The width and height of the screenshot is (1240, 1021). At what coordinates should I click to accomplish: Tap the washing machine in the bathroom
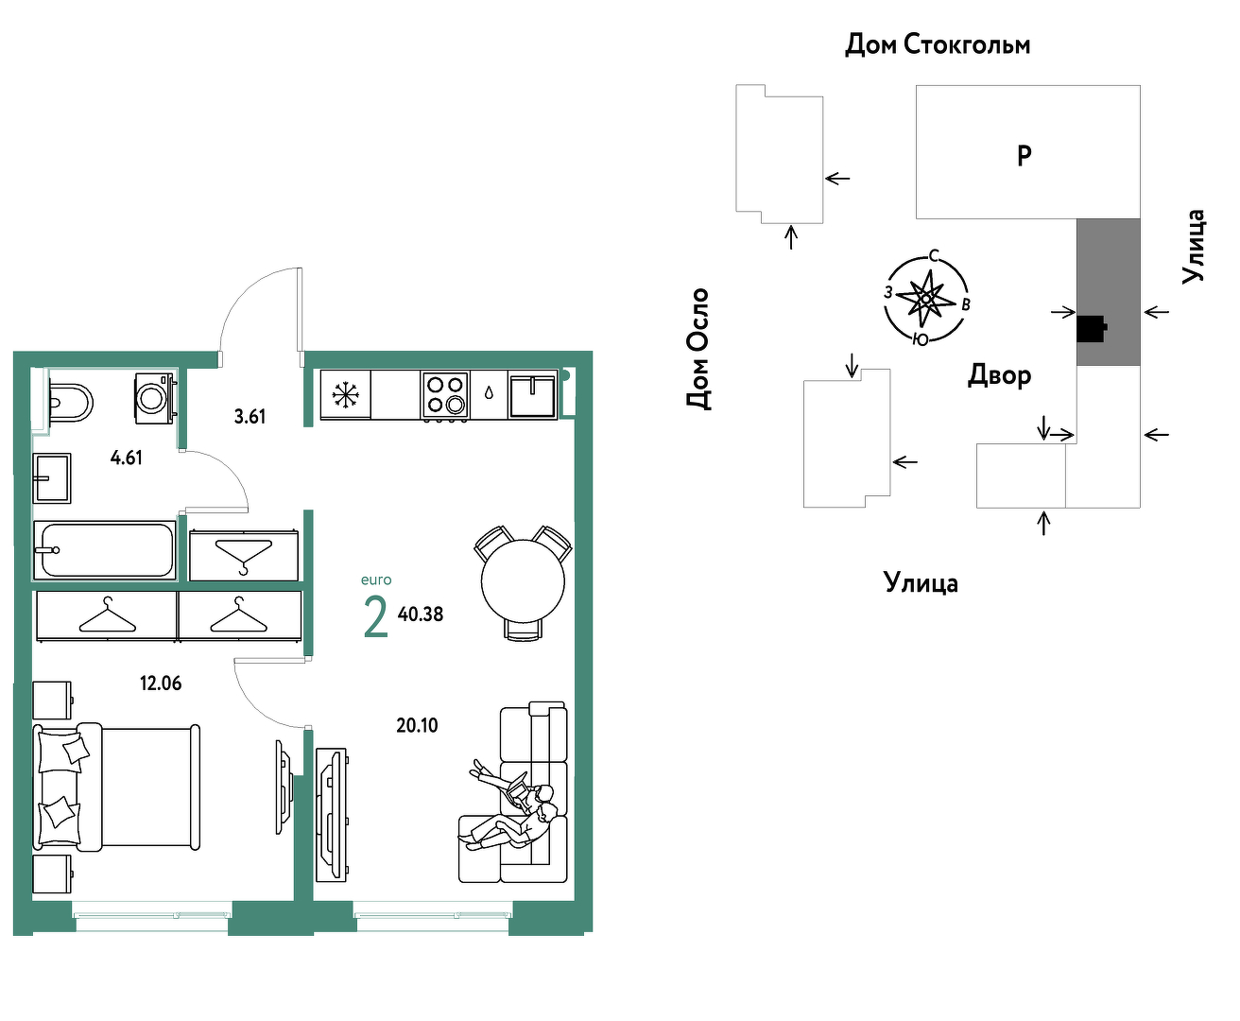click(155, 398)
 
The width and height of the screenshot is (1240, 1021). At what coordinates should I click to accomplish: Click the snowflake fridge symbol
click(345, 394)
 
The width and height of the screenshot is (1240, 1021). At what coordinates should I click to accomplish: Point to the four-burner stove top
click(444, 394)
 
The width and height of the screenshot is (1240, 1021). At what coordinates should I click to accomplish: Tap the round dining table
click(523, 581)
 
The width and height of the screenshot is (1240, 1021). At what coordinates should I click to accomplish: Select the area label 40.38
click(421, 614)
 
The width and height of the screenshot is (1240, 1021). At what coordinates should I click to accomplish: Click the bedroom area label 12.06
click(161, 684)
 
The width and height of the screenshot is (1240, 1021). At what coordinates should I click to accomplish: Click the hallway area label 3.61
click(250, 417)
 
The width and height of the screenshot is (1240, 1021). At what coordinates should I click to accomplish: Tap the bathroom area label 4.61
click(127, 458)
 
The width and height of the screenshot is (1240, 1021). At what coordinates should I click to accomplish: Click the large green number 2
click(376, 616)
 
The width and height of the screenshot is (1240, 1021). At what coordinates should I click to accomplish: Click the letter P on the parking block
click(1025, 156)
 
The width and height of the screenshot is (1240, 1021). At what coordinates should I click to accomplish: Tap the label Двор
click(1000, 375)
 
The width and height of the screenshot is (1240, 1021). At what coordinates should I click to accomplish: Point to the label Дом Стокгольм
click(938, 44)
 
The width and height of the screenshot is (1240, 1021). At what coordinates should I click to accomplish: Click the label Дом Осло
click(698, 348)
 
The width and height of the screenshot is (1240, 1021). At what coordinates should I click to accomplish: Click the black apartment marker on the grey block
click(1092, 329)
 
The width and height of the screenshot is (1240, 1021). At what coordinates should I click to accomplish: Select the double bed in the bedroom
click(116, 787)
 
